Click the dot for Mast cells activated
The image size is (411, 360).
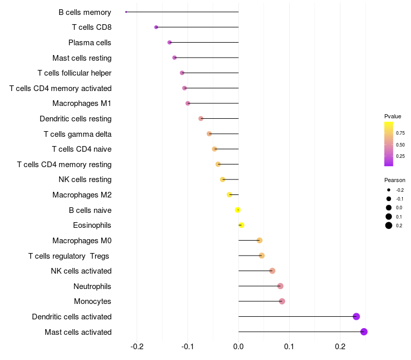(x=364, y=332)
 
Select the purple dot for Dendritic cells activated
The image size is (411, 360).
(x=356, y=316)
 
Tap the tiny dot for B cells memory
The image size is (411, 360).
(x=126, y=12)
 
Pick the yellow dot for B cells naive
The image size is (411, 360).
(x=238, y=210)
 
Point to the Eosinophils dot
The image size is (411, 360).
(x=241, y=225)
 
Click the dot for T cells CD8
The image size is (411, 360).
(x=156, y=27)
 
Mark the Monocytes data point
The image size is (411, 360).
(x=282, y=301)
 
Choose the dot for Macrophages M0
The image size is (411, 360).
(x=259, y=240)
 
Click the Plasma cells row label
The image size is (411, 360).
(x=89, y=43)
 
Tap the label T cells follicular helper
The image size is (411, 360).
(x=74, y=73)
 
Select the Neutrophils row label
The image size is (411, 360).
(x=92, y=286)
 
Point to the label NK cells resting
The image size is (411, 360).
(x=85, y=179)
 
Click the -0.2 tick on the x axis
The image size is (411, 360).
(x=137, y=347)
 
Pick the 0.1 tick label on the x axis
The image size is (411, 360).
(x=289, y=347)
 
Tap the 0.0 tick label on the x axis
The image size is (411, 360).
(x=238, y=347)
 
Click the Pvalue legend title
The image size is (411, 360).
(x=393, y=116)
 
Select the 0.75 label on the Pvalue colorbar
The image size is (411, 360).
(x=400, y=133)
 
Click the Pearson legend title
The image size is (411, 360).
(x=395, y=180)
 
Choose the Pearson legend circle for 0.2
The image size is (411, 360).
(x=389, y=225)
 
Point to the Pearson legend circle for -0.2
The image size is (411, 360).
(x=389, y=190)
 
